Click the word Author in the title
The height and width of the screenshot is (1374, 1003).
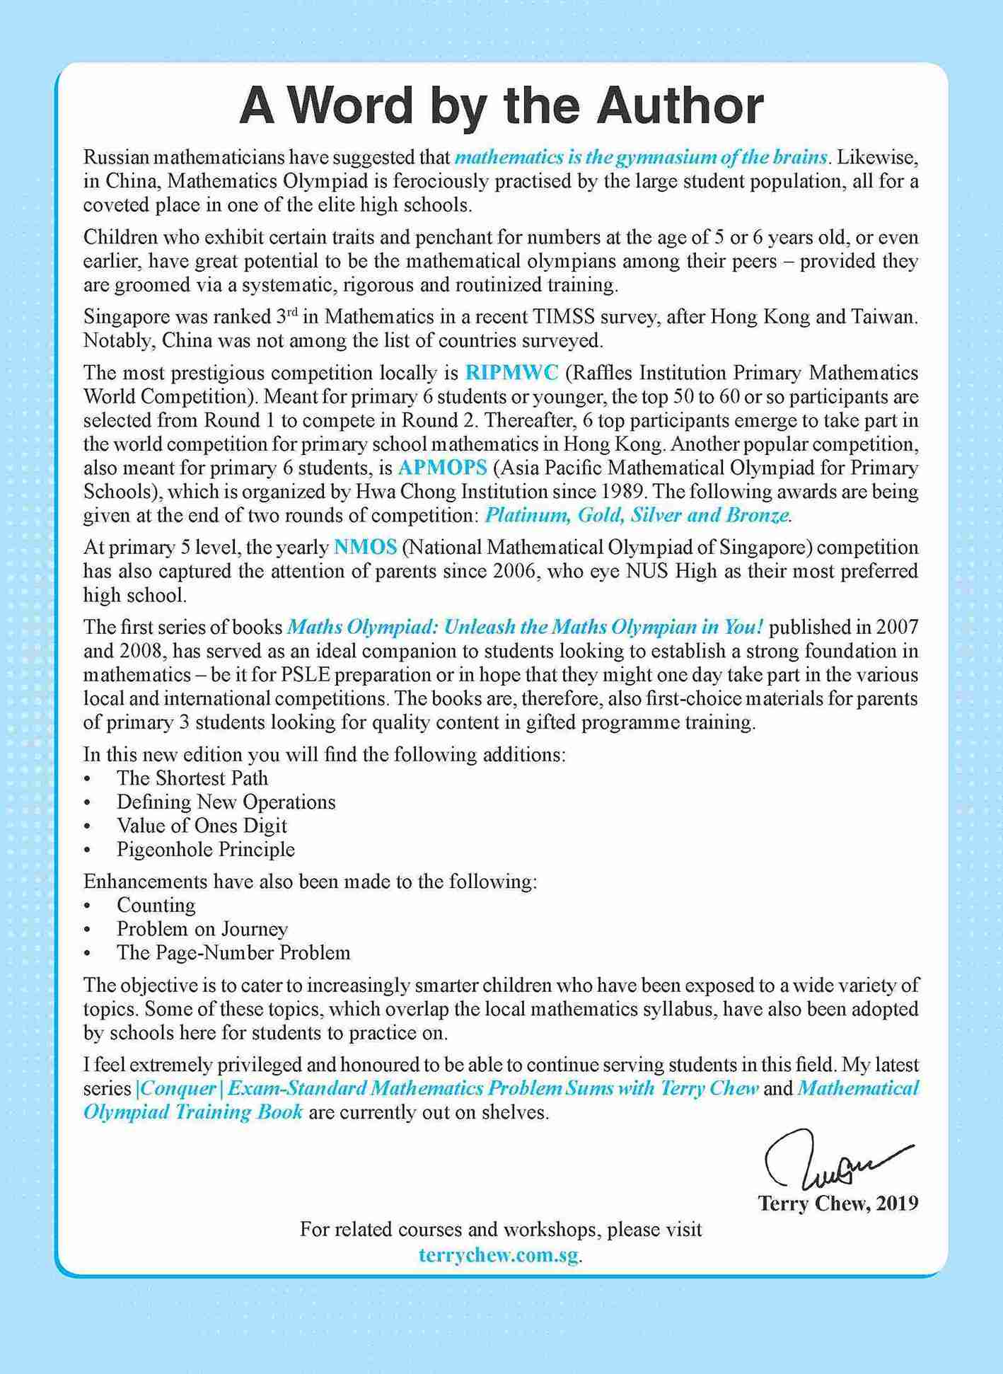pos(679,106)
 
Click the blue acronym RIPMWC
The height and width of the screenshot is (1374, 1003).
pos(511,373)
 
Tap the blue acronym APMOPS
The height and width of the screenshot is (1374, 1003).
pos(443,468)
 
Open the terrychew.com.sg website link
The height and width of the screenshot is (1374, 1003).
pos(499,1255)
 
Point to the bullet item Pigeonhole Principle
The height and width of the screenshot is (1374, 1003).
pos(206,850)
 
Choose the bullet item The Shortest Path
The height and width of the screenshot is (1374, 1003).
pos(192,778)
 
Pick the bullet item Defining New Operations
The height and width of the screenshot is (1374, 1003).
pos(226,802)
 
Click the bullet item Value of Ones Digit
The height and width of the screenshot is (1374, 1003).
pos(202,826)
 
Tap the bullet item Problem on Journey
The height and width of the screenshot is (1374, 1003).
pos(202,929)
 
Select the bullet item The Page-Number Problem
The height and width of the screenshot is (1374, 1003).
pos(233,953)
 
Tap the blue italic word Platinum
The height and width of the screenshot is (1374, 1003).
pos(527,516)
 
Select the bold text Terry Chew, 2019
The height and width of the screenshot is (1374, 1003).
pos(838,1203)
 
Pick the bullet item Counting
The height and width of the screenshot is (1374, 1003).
pos(156,906)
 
